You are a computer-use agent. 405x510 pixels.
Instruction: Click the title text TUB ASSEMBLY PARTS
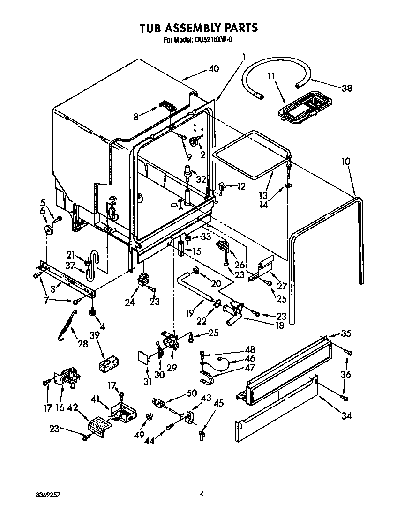point(198,28)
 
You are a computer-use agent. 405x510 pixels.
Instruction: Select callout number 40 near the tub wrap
point(213,69)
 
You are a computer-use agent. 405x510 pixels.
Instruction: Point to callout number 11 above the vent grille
point(271,75)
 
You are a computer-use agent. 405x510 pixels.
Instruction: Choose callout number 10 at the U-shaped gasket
point(345,162)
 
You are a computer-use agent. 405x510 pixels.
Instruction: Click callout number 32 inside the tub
point(201,178)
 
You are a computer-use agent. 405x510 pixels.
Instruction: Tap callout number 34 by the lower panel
point(346,415)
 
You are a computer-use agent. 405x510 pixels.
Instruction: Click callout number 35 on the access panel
point(346,333)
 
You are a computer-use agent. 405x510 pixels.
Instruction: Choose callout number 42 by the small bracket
point(73,407)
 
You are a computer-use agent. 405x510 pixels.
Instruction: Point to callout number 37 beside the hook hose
point(71,266)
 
